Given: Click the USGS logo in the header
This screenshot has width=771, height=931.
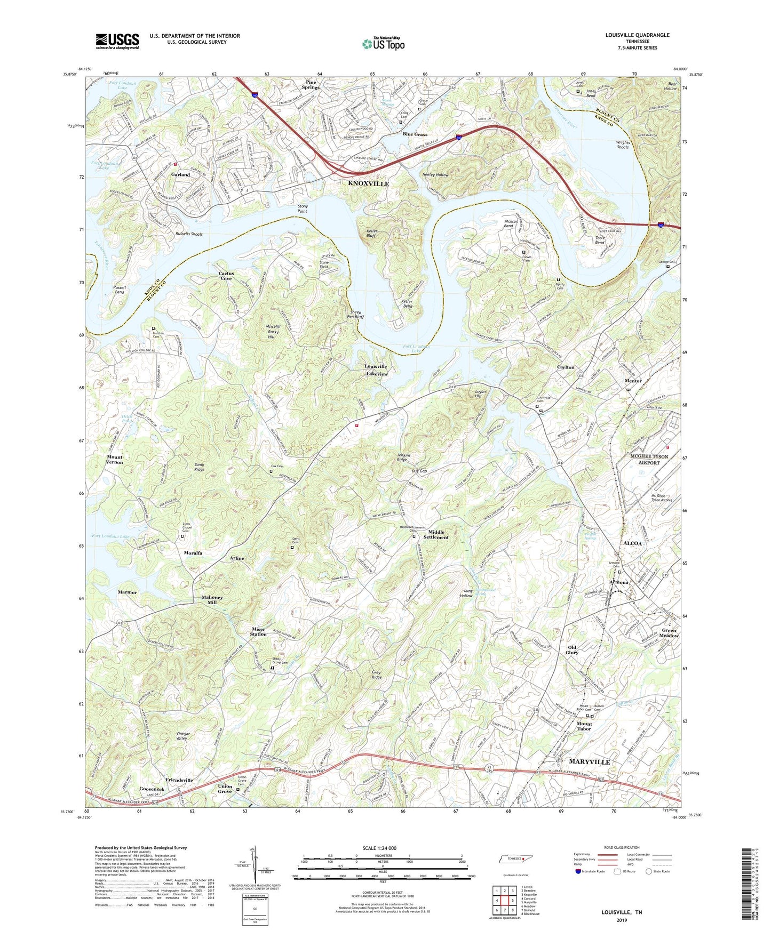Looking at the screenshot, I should [x=117, y=41].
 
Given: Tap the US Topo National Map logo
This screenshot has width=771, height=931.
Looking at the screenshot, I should [x=383, y=44].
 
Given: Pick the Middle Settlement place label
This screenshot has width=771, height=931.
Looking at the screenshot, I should [x=435, y=535].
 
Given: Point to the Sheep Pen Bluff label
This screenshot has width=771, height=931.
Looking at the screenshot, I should [x=353, y=315].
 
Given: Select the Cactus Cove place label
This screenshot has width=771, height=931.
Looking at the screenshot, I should [x=226, y=276].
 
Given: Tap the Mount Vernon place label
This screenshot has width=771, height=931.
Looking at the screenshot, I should [x=114, y=460].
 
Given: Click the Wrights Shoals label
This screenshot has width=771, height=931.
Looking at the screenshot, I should [x=623, y=145].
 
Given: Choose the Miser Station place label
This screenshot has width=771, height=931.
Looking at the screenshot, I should [x=259, y=632].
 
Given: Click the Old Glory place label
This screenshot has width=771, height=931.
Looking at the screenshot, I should [x=572, y=650].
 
